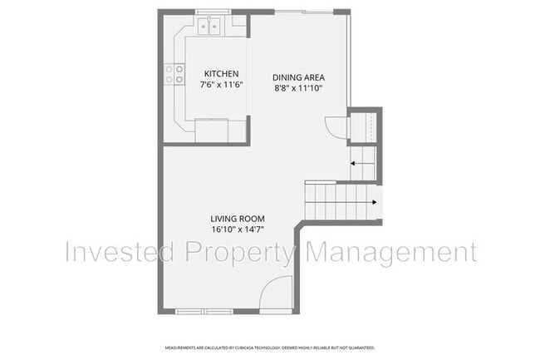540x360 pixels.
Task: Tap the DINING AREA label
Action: click(x=297, y=78)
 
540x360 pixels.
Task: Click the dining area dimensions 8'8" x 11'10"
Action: click(x=297, y=88)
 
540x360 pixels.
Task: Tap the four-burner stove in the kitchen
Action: click(x=175, y=75)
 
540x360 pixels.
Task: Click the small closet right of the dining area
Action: click(x=365, y=126)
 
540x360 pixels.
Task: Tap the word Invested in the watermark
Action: click(x=120, y=250)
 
